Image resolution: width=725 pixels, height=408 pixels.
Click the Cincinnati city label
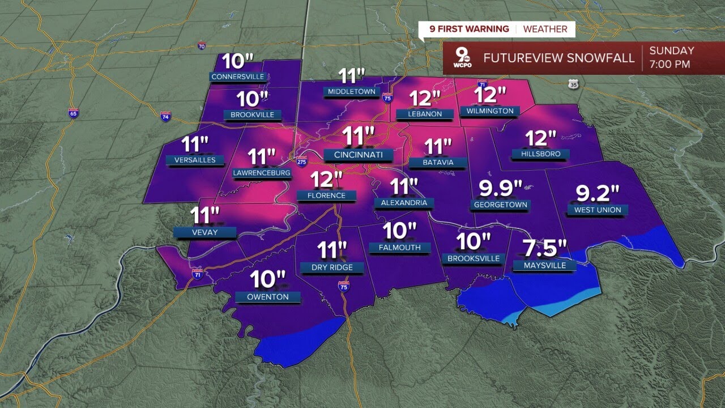point(358,155)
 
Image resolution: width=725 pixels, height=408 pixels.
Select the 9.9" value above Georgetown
point(500,188)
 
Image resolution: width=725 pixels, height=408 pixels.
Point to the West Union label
point(598,210)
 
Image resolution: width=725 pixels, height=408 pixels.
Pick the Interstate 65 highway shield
point(73,113)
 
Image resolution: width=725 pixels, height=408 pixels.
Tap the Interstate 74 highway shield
point(165,116)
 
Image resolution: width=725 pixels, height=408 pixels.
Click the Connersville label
point(238,76)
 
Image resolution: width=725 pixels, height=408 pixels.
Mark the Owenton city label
point(268,296)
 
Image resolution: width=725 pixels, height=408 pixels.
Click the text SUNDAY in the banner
point(672,51)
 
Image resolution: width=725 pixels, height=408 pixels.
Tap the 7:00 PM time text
point(670,64)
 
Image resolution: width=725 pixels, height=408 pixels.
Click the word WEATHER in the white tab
point(544,29)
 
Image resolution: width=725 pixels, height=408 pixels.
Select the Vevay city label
point(204,232)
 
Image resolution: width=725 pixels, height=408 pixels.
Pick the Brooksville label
point(474,258)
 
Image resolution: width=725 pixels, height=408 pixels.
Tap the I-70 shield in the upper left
point(202,46)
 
